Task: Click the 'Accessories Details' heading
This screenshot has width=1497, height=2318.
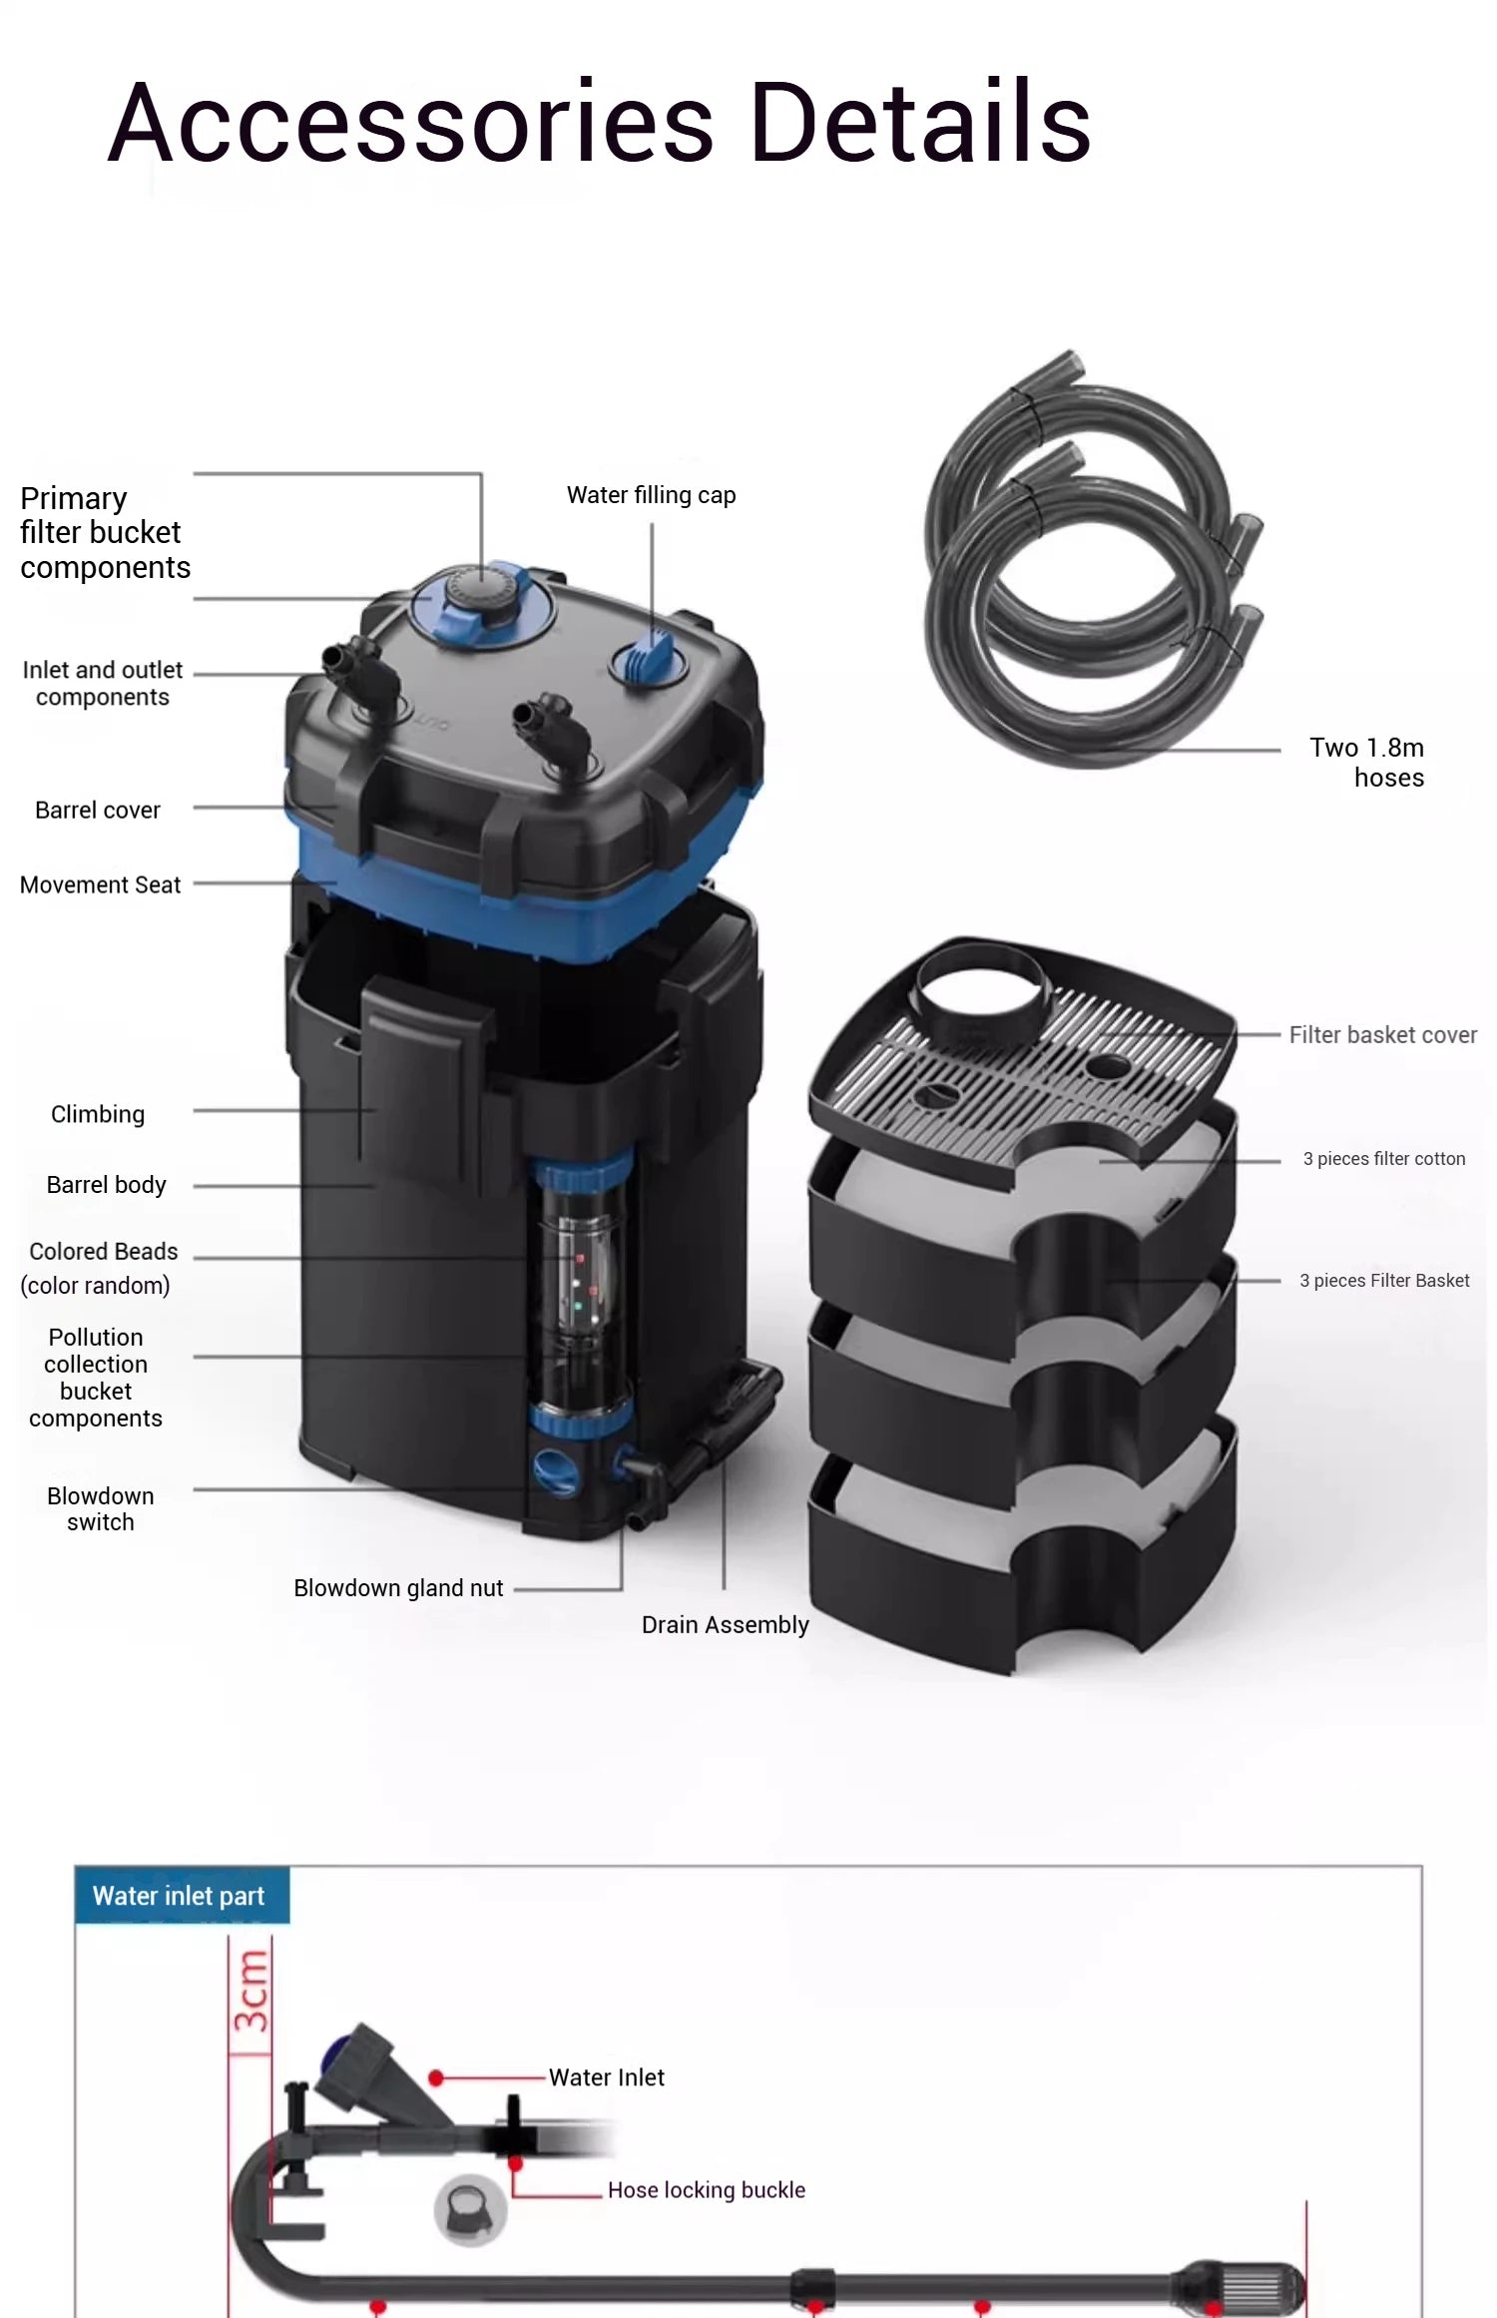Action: click(x=599, y=123)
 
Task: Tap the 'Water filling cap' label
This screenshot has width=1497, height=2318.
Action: click(x=651, y=495)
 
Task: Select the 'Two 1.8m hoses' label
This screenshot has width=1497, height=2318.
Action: click(x=1366, y=762)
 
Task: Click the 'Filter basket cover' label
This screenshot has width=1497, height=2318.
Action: click(x=1382, y=1035)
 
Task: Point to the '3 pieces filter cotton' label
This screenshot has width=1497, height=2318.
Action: click(x=1383, y=1159)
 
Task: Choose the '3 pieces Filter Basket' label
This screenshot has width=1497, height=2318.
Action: click(x=1383, y=1281)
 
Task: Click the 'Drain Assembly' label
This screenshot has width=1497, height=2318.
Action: click(x=725, y=1625)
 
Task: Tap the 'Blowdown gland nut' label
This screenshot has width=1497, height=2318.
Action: click(x=398, y=1588)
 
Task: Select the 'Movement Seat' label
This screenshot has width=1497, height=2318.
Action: click(x=100, y=885)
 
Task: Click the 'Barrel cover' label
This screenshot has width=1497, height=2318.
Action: click(x=98, y=811)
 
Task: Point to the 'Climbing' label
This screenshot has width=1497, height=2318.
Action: click(x=98, y=1114)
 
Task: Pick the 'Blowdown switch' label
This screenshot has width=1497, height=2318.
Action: click(x=100, y=1508)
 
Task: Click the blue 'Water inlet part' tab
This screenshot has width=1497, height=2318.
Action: click(x=180, y=1896)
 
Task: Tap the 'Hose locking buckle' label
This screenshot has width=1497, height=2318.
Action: click(x=706, y=2190)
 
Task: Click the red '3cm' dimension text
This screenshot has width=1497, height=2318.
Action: click(x=251, y=1992)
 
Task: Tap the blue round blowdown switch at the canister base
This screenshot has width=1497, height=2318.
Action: click(x=555, y=1471)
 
